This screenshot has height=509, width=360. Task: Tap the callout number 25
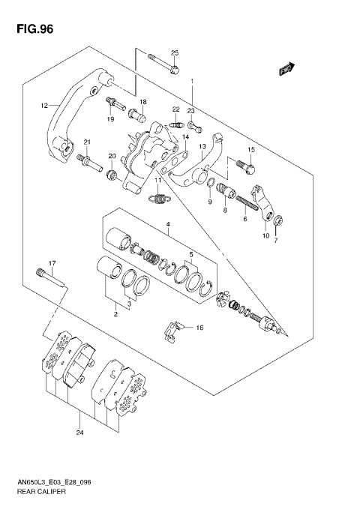click(175, 52)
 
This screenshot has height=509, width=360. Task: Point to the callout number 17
click(52, 262)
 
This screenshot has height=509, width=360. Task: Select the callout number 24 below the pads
click(79, 433)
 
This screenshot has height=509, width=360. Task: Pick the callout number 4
click(168, 224)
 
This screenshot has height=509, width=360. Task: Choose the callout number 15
click(251, 150)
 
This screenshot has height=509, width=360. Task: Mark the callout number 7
click(275, 240)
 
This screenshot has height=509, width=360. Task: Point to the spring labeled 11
click(158, 199)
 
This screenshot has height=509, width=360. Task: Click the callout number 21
click(87, 142)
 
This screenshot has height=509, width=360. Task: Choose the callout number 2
click(116, 316)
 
